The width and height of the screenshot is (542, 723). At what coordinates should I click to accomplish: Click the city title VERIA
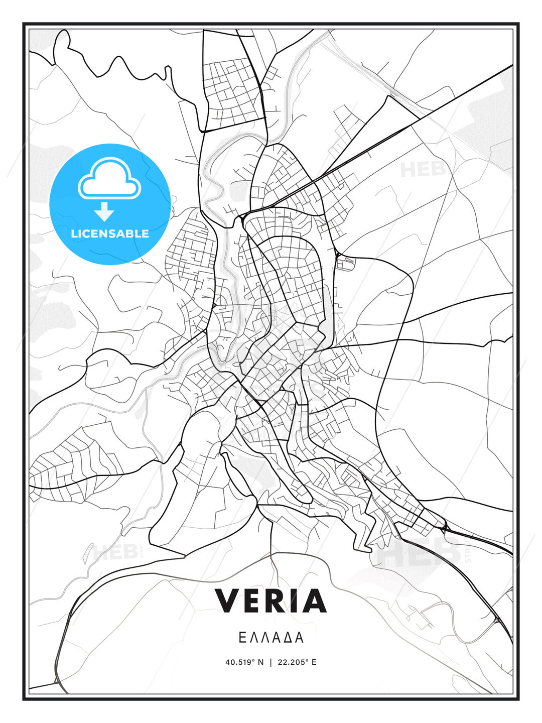[271, 600]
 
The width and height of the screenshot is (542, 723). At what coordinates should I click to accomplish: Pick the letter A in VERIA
[315, 600]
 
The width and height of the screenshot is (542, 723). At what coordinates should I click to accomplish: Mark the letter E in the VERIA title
[253, 600]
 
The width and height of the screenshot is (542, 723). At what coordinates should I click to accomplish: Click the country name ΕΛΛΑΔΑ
[271, 638]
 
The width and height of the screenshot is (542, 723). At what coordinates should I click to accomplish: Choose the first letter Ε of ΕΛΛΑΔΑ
[242, 638]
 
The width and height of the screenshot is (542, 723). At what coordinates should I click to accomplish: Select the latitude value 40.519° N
[244, 662]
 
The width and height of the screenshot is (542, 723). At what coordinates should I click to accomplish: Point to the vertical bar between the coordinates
[271, 662]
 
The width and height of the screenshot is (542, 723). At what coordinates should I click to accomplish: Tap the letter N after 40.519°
[260, 662]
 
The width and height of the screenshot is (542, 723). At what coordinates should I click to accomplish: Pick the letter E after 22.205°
[314, 662]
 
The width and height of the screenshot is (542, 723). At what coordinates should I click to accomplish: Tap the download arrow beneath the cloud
[104, 212]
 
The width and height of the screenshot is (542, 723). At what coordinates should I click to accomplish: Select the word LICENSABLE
[110, 233]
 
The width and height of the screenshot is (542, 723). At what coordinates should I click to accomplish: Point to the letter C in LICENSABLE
[87, 233]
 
